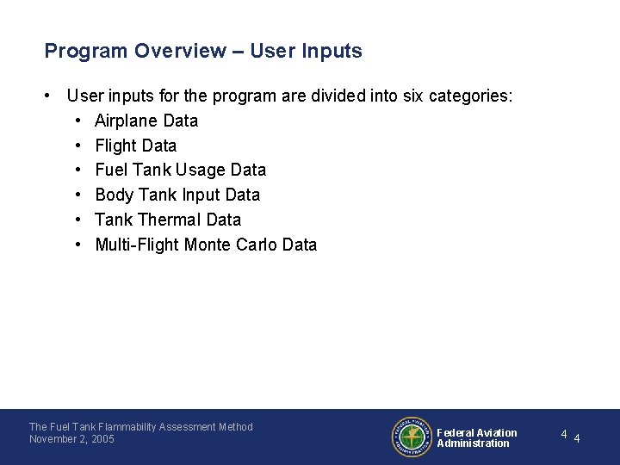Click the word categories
click(472, 96)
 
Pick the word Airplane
click(127, 121)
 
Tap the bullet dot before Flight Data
click(78, 146)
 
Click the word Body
click(114, 195)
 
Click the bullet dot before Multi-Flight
click(78, 245)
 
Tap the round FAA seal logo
click(412, 437)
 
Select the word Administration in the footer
click(473, 443)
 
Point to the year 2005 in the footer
click(102, 439)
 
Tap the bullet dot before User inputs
click(51, 96)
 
